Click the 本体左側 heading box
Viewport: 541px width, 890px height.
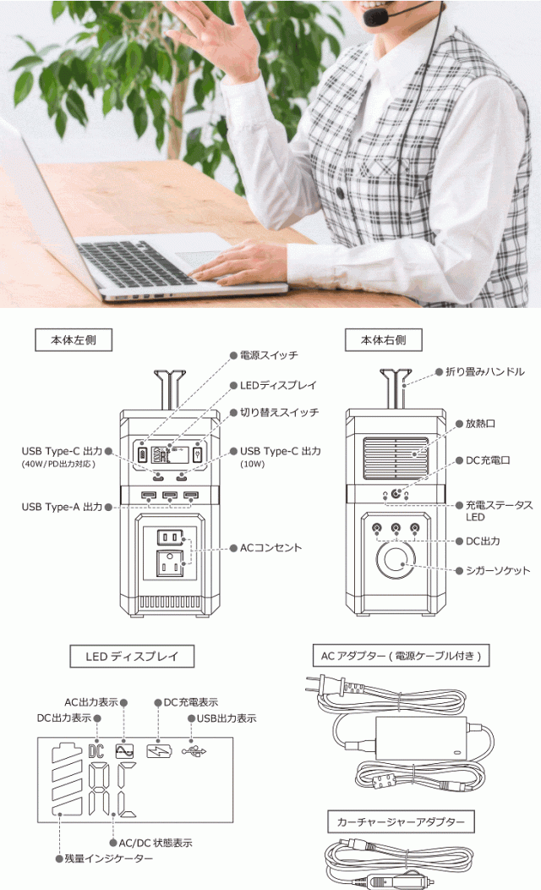coord(74,340)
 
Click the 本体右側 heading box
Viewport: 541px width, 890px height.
coord(384,340)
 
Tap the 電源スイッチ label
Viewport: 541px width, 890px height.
coord(269,355)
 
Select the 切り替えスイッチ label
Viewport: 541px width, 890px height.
coord(279,413)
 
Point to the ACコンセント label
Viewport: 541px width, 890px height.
coord(270,547)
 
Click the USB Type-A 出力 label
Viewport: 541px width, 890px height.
coord(62,507)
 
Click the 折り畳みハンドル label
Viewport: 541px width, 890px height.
coord(485,371)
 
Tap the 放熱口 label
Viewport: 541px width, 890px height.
coord(480,424)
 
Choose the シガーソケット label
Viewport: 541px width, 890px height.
coord(498,570)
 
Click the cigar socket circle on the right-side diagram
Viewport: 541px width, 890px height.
coord(396,560)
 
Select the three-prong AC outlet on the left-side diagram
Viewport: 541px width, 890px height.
coord(170,563)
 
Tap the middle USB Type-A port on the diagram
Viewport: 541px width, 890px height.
coord(170,496)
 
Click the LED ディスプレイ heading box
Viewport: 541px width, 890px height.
coord(132,657)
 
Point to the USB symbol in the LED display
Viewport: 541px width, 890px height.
coord(194,751)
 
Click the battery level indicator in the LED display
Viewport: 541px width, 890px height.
coord(67,779)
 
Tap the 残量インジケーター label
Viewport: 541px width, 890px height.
coord(108,859)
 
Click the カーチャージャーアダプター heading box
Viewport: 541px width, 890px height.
coord(401,821)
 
